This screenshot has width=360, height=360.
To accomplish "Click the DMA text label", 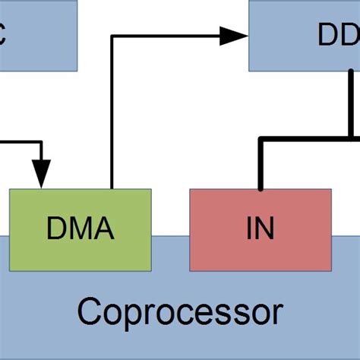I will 80,227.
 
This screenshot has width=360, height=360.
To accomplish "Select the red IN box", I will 260,251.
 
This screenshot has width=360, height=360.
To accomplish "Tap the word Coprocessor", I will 180,311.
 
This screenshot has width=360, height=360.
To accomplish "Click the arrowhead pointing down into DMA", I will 42,174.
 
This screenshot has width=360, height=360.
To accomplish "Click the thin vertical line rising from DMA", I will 112,114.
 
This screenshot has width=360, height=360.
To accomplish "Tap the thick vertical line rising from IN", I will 261,164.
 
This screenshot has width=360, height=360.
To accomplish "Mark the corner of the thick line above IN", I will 261,139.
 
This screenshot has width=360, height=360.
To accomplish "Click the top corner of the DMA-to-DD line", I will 112,35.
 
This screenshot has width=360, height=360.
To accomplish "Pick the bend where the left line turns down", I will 42,141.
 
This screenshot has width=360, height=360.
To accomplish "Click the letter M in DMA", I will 80,227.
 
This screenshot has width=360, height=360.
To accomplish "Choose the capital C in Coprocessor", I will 90,311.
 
